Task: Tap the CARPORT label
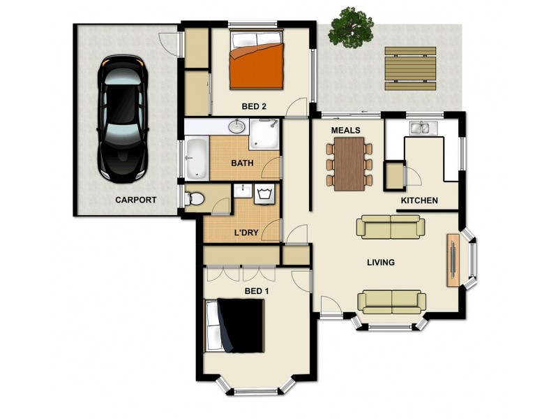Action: [x=135, y=200]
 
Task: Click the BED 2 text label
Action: [x=254, y=107]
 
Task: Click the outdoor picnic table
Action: [x=411, y=68]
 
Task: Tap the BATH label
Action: [x=242, y=164]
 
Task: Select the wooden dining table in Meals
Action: [x=349, y=163]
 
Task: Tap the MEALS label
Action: [x=345, y=131]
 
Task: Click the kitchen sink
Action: [x=423, y=128]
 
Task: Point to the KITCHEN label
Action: [x=419, y=201]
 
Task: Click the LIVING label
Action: [x=381, y=263]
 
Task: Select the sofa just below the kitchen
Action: [x=390, y=227]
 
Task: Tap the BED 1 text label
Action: [x=257, y=291]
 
